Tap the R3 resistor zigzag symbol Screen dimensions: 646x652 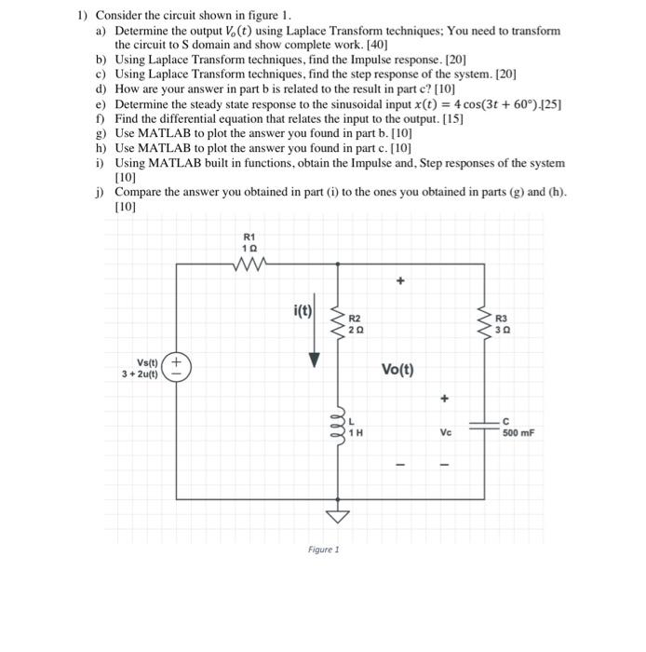483,322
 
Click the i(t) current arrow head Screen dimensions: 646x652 313,360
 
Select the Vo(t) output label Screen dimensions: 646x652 399,369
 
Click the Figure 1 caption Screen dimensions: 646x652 323,550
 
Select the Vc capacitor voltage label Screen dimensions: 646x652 444,432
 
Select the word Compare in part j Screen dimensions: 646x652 137,192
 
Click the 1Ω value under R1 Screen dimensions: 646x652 248,249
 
